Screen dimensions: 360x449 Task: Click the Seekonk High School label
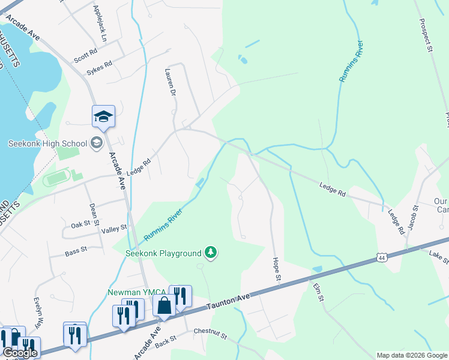point(47,143)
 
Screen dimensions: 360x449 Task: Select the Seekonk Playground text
point(163,253)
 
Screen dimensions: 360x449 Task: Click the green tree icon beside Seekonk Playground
point(210,252)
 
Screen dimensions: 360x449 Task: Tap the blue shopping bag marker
point(164,306)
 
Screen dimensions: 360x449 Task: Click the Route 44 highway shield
point(381,257)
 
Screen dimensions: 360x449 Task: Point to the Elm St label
point(318,292)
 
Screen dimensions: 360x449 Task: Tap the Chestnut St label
point(210,334)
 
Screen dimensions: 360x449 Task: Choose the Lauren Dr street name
point(169,82)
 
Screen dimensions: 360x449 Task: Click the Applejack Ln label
point(99,23)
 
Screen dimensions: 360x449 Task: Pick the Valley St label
point(115,228)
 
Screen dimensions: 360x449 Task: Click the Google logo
point(20,353)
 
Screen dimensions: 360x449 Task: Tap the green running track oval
point(56,178)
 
